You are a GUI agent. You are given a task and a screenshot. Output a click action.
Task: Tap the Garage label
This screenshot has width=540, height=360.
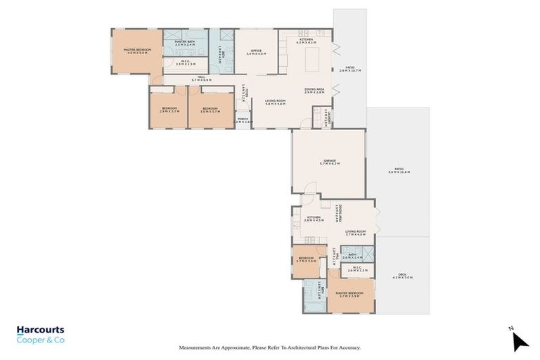point(328,162)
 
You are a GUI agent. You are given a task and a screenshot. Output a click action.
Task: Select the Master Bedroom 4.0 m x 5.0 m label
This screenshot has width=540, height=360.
point(136,51)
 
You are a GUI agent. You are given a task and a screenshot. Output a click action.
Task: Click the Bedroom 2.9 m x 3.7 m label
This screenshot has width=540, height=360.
point(168,109)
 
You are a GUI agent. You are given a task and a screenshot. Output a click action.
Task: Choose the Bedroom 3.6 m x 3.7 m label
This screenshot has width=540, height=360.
point(210,109)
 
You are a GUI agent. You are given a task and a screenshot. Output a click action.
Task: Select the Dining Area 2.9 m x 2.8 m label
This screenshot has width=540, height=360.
point(314,91)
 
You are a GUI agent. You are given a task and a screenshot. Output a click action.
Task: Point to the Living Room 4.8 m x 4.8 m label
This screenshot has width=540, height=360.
point(275,103)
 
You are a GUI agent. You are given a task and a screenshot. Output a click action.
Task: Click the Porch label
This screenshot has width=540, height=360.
point(243,120)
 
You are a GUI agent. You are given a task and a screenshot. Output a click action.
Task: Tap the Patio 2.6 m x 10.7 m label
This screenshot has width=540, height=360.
point(350,70)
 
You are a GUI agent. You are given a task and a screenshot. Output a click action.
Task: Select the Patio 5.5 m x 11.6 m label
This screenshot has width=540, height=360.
point(398,171)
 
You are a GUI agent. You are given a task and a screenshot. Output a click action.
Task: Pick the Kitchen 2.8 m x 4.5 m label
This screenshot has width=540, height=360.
point(314,219)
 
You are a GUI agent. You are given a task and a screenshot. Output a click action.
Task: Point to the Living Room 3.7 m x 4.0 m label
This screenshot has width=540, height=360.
point(356,233)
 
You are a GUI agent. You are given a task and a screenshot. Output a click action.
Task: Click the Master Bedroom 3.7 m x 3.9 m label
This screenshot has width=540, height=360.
point(349,295)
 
